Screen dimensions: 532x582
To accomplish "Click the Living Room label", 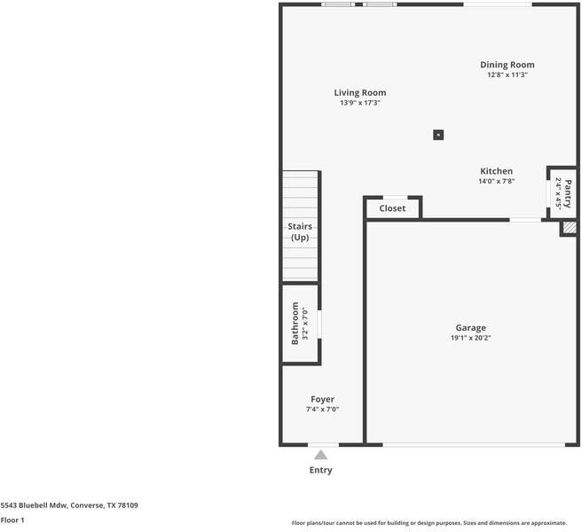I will (359, 92).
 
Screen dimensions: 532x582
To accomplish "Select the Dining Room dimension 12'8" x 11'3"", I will (507, 75).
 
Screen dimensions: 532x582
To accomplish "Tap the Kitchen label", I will (496, 171).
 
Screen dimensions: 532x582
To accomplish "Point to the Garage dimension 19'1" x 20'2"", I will (470, 338).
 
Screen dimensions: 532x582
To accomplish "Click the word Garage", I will (470, 327).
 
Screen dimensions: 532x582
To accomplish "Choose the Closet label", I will (392, 208).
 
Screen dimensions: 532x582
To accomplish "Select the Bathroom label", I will (295, 323).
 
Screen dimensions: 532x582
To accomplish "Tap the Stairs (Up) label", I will (300, 232).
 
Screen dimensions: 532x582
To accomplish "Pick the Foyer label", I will (322, 399).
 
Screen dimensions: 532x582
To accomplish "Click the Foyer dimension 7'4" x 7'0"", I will (322, 410).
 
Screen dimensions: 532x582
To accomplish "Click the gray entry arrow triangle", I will (320, 454).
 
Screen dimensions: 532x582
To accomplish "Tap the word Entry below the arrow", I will (320, 470).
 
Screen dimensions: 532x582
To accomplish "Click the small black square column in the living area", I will (438, 135).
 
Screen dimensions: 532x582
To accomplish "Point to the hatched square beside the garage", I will (568, 228).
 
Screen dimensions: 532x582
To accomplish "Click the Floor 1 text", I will (12, 520).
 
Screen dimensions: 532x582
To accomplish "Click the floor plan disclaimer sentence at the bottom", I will (429, 522).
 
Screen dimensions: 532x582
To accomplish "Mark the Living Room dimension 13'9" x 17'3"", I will (359, 103).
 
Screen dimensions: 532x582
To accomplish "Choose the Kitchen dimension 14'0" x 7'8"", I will (496, 182).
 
